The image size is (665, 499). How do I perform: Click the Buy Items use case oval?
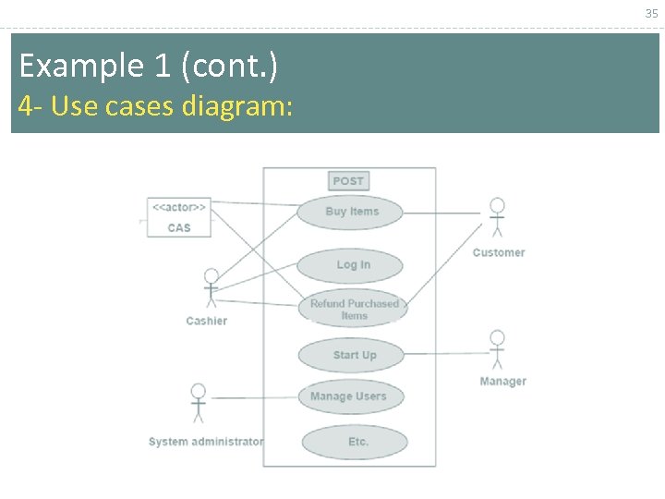350,212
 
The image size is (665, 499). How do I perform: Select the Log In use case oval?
350,265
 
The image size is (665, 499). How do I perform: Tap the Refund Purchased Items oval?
353,310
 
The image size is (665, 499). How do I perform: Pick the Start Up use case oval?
352,355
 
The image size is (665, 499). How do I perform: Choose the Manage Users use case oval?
350,396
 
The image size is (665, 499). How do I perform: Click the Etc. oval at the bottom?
355,442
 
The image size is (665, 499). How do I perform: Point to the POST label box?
348,181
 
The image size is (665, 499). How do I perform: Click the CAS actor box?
178,217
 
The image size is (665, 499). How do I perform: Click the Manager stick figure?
497,350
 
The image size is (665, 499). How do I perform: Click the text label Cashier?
206,321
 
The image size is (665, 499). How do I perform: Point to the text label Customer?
498,252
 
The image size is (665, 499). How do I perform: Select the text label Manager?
502,382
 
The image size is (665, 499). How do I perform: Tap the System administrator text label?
205,442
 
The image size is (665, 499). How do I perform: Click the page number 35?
651,13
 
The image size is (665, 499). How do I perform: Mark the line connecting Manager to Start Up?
443,353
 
